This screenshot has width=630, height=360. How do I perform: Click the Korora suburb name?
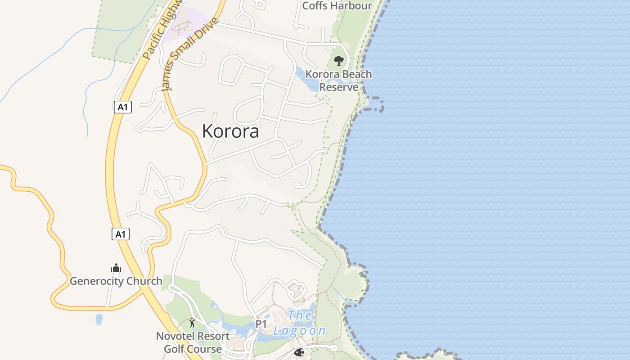point(230,131)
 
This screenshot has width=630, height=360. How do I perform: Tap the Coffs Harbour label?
point(337,6)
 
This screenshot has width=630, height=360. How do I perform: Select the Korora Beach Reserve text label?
point(339,80)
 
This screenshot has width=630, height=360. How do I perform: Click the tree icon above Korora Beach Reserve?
point(339,60)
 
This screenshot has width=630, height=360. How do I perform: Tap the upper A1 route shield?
point(122,107)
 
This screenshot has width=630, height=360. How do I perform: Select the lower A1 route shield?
point(121,234)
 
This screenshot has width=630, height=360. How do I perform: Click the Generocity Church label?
point(116,281)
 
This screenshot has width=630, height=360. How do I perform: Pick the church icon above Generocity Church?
point(116,268)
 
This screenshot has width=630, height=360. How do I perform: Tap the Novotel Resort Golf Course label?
point(193,342)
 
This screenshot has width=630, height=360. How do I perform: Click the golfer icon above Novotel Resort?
point(193,323)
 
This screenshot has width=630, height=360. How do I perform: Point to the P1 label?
point(261,324)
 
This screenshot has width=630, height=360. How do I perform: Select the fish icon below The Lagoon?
point(299,353)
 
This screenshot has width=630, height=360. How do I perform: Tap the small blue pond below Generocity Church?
point(99,319)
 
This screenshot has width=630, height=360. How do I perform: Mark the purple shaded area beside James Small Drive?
point(182,25)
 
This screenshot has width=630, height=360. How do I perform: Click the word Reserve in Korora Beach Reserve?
point(339,87)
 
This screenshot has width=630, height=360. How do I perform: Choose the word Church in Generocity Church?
point(144,281)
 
